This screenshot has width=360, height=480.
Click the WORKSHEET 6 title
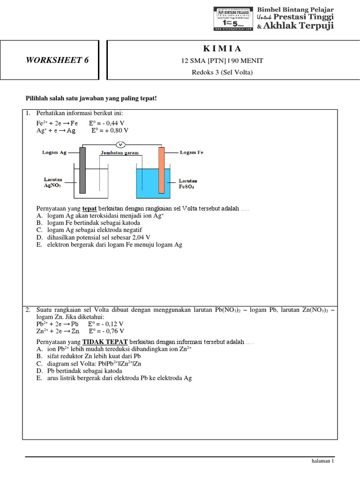click(x=57, y=60)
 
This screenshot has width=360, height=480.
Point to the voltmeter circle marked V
click(x=121, y=144)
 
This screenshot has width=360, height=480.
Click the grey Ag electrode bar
click(x=82, y=170)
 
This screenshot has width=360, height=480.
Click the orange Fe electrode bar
click(x=162, y=170)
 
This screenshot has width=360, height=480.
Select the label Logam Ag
click(x=54, y=152)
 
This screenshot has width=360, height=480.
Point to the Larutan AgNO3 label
click(x=53, y=182)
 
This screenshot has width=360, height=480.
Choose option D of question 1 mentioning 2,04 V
click(x=96, y=237)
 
